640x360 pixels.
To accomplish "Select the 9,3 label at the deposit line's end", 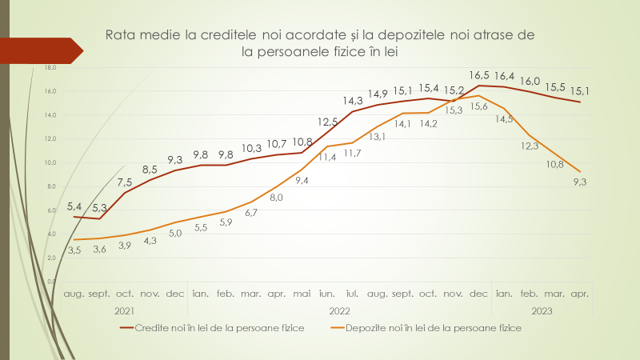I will [580, 182].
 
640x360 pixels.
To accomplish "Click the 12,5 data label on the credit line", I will [327, 122].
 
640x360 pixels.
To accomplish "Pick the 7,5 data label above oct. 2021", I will [125, 182].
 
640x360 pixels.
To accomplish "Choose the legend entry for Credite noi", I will [212, 328].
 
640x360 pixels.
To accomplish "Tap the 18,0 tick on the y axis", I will [50, 68].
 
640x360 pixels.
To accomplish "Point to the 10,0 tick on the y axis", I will [50, 163].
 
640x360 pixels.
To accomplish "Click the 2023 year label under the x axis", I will [542, 310].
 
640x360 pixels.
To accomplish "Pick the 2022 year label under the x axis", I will [341, 310].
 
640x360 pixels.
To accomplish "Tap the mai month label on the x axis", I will [302, 294].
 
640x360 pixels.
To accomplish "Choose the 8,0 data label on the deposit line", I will [276, 197].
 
